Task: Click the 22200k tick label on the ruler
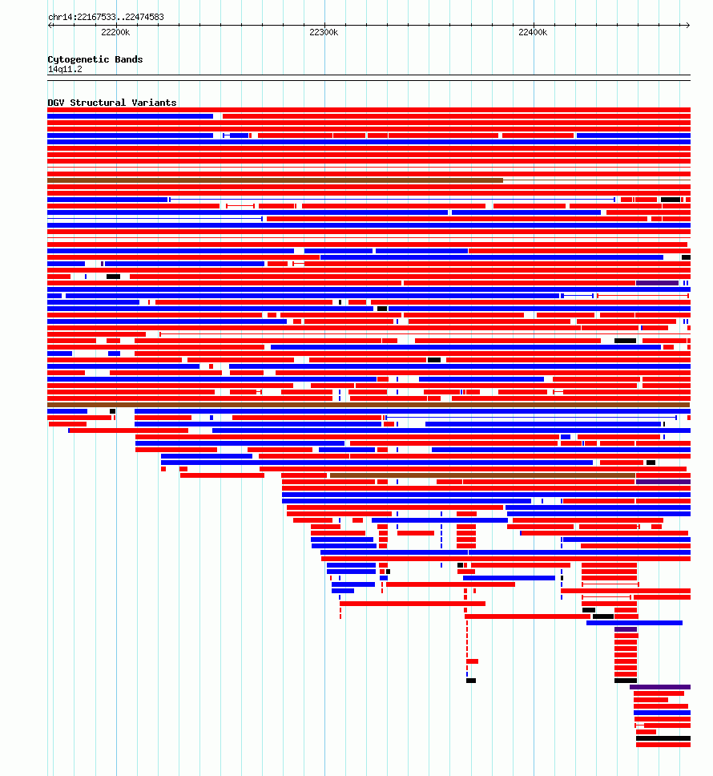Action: coord(115,33)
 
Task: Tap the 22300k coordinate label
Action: coord(324,33)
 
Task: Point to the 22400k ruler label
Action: coord(533,33)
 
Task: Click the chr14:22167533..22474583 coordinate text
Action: coord(106,17)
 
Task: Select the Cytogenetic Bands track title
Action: coord(95,59)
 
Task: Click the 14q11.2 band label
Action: coord(65,69)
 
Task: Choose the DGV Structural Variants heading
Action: coord(111,103)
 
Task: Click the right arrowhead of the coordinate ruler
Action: coord(688,25)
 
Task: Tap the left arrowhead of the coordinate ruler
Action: coord(50,25)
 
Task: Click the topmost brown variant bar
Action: coord(275,180)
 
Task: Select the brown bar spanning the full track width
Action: coord(369,405)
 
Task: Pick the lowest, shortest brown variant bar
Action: coord(482,475)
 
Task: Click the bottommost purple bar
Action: coord(660,687)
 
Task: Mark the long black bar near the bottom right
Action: coord(663,738)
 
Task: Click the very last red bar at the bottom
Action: coord(663,745)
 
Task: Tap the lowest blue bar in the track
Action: coord(662,713)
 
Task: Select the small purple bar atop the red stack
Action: coord(626,629)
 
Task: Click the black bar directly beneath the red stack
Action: coord(626,681)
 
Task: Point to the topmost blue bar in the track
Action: coord(130,116)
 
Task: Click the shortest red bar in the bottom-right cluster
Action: coord(646,732)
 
